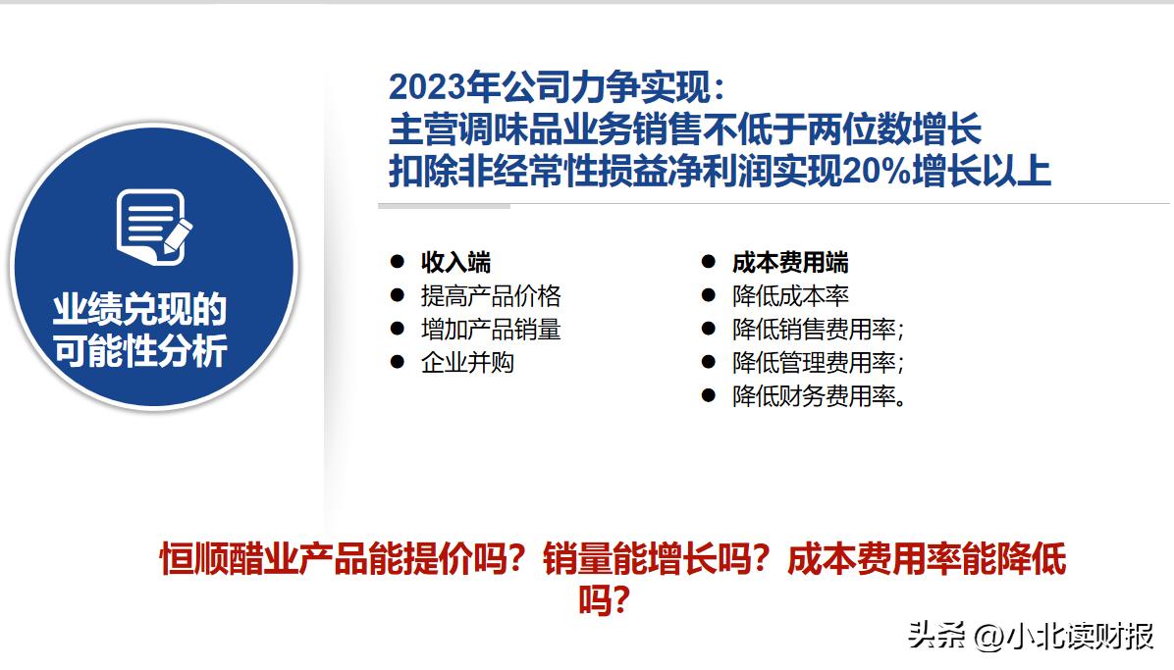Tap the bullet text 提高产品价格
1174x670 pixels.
[491, 295]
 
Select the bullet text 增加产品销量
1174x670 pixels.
[491, 329]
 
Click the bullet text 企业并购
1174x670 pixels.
[467, 362]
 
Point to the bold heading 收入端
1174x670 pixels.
[455, 262]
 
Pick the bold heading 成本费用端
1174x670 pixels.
[790, 262]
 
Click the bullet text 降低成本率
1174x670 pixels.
[790, 295]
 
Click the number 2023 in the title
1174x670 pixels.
[427, 87]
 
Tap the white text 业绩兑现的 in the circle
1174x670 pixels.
[139, 310]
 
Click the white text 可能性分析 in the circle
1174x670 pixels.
[139, 350]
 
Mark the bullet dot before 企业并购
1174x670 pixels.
[398, 362]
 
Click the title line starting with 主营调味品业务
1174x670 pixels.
[685, 129]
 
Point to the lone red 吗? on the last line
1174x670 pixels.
[603, 599]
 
